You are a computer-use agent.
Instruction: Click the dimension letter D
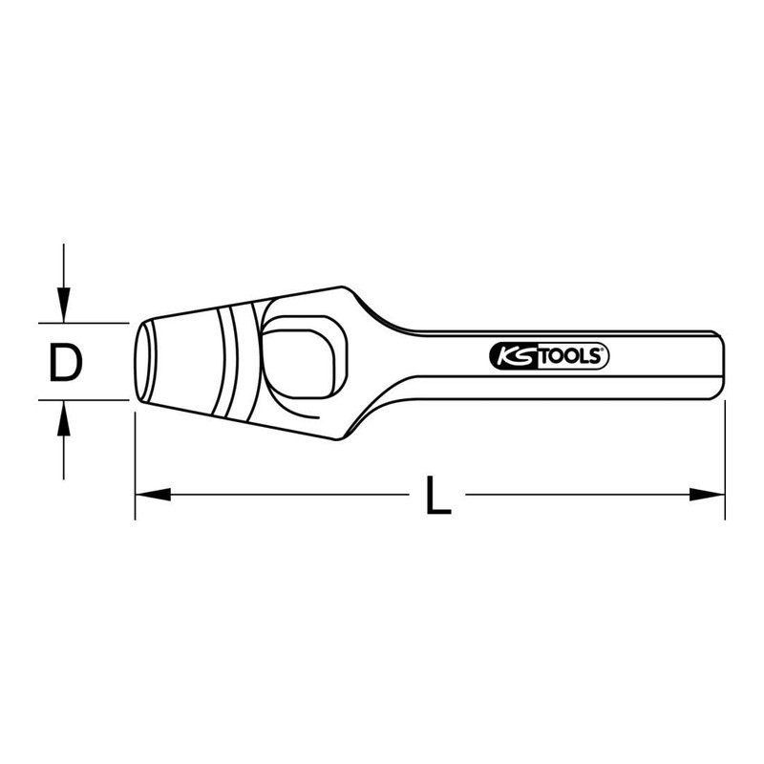click(65, 363)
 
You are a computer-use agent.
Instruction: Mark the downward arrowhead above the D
click(64, 308)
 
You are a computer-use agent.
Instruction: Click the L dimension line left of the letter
click(286, 495)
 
